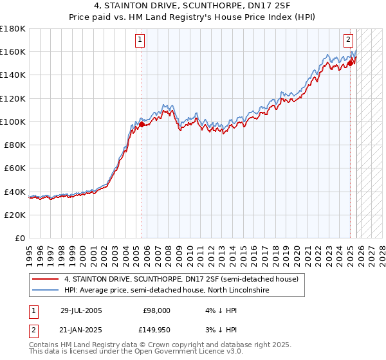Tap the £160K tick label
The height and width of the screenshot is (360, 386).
pyautogui.click(x=13, y=51)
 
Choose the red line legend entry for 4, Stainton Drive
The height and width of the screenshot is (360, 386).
pyautogui.click(x=181, y=280)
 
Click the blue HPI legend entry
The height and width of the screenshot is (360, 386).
pyautogui.click(x=166, y=291)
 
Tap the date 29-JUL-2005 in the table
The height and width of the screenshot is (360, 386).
pyautogui.click(x=80, y=310)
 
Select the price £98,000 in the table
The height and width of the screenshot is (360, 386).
pyautogui.click(x=156, y=310)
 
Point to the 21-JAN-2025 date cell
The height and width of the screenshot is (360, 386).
pyautogui.click(x=80, y=330)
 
